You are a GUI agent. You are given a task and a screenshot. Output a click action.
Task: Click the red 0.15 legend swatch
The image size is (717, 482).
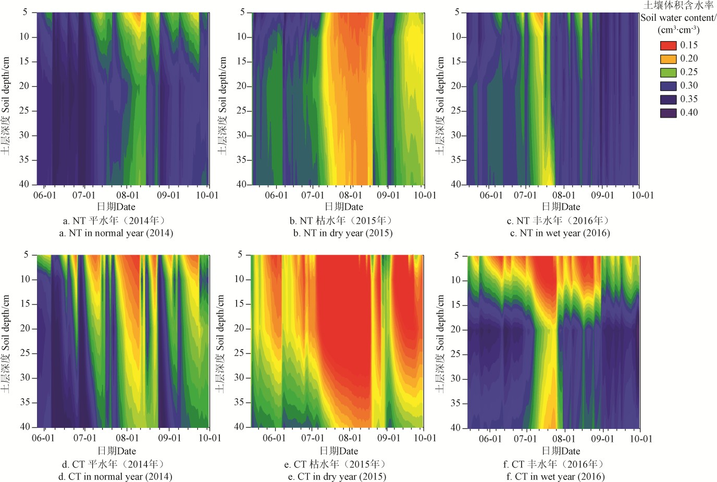point(668,45)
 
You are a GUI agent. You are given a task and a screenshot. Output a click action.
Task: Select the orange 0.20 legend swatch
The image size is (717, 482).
point(668,59)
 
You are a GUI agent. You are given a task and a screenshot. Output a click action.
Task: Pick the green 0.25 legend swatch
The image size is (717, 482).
point(668,72)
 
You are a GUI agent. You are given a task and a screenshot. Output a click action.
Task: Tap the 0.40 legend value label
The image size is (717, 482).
point(689,112)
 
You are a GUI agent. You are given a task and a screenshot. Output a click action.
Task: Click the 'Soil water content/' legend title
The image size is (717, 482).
point(678,18)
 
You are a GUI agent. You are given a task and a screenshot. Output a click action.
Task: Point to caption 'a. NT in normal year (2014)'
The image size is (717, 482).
point(116,233)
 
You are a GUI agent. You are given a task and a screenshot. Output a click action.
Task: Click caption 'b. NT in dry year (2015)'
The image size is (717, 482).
point(342,233)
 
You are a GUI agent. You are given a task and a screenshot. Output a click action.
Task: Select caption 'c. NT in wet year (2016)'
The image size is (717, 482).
point(560,233)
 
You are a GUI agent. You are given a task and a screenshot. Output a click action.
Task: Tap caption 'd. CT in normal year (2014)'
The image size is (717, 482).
point(115,477)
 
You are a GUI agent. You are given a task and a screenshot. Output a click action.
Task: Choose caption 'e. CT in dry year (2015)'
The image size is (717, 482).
point(337,477)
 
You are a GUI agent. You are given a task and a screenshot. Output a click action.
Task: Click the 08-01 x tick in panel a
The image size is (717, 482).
point(128,195)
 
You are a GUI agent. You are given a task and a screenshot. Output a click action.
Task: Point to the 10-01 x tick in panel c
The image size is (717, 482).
point(642,195)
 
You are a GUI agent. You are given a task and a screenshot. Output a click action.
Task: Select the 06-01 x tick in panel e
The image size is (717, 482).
point(274,438)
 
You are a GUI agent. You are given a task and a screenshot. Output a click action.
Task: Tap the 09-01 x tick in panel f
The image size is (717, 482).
point(603,439)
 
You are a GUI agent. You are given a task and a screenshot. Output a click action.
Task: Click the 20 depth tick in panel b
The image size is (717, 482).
point(242,86)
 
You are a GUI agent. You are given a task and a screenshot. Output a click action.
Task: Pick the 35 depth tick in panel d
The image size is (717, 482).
point(25,402)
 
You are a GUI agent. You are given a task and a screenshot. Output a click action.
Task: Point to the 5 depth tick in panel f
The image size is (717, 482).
point(456,256)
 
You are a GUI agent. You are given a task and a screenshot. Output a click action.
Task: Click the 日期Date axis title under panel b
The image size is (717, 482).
point(343,207)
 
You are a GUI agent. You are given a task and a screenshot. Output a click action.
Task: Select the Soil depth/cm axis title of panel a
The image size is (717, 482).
point(6,106)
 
